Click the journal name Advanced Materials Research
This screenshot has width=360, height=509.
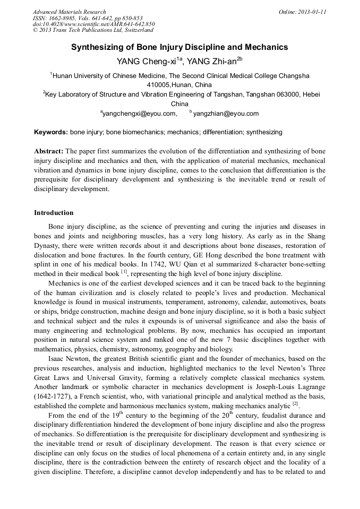69,12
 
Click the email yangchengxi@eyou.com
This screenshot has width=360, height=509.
139,113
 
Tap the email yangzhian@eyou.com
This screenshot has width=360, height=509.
226,113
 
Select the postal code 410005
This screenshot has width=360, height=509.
159,85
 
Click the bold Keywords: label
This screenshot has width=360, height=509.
51,132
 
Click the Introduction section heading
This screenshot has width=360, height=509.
54,213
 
